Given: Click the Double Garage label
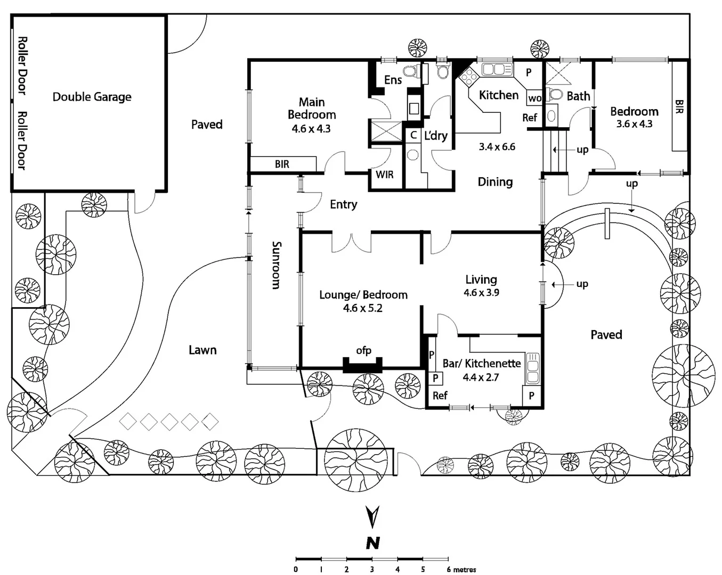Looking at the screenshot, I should pos(92,97).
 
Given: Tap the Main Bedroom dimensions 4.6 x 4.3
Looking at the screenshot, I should pos(311,128).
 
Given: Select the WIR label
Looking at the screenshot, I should pos(385,175).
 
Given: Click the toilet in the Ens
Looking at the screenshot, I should pos(410,71).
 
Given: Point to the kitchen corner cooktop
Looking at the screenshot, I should pos(469,77).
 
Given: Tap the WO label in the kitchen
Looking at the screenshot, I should pos(534,98).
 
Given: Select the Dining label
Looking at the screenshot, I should pos(495,182).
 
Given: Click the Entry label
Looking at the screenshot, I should pos(343,204).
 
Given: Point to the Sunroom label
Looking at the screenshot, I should pos(276,265).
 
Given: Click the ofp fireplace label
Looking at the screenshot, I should pos(363,350).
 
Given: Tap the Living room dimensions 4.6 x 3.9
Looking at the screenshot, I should pos(481,292).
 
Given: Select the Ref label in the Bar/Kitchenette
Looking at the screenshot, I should pos(440,396).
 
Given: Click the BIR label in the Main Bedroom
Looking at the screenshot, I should pos(282,164).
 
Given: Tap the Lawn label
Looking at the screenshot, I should pos(202,350).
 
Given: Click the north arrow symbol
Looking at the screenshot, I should pos(373,516).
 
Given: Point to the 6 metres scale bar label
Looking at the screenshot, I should pos(461,570).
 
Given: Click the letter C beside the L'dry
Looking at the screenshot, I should pos(413,136).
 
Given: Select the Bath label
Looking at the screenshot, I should pos(578,96).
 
